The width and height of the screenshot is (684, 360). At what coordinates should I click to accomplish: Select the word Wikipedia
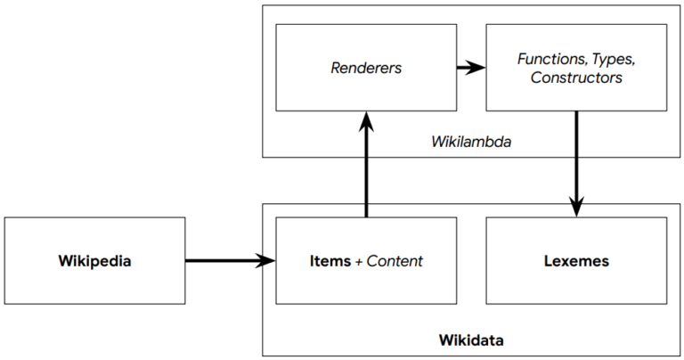(x=94, y=261)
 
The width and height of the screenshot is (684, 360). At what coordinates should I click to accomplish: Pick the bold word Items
(x=329, y=261)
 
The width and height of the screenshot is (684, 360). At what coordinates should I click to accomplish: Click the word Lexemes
(x=576, y=261)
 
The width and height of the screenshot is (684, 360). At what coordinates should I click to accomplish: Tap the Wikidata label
(x=471, y=340)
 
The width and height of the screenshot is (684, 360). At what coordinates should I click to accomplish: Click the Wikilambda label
(x=470, y=141)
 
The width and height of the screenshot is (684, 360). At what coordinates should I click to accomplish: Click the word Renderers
(x=366, y=67)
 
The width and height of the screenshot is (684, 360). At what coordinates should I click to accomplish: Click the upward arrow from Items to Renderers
(x=366, y=169)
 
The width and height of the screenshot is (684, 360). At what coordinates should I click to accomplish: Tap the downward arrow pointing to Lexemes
(x=576, y=160)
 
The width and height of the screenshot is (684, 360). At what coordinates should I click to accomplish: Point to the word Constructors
(x=576, y=78)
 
